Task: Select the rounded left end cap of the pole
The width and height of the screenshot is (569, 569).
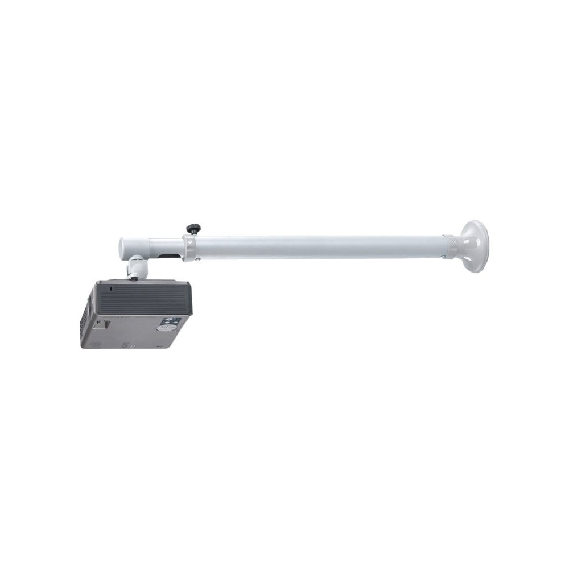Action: (123, 247)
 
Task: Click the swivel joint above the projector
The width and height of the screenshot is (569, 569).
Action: (136, 267)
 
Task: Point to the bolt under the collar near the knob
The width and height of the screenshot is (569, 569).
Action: (197, 259)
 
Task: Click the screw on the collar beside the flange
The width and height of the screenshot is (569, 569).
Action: (452, 240)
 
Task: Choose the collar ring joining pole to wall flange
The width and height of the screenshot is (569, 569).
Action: (449, 246)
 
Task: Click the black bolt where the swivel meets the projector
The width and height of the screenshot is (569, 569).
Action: (135, 279)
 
